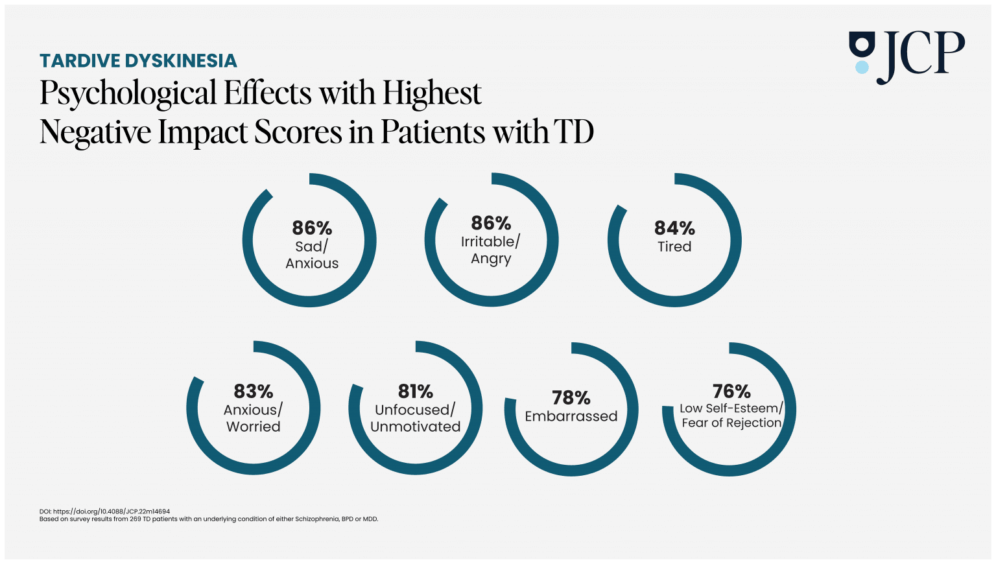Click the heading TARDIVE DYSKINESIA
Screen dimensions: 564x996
[x=138, y=61]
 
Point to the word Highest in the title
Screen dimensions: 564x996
[x=432, y=93]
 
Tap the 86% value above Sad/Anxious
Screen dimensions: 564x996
[x=312, y=228]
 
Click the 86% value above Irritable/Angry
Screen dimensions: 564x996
[x=491, y=224]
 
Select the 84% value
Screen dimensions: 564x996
[x=674, y=228]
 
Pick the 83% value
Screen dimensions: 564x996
[x=254, y=392]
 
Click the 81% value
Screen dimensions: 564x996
[x=416, y=392]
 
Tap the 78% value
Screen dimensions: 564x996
[x=571, y=397]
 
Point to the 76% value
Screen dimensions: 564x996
[x=731, y=392]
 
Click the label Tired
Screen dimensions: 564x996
[x=674, y=247]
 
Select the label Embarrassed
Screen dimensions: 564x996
[x=571, y=416]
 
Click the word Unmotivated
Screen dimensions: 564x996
[x=416, y=427]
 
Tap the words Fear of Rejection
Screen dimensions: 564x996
[x=731, y=423]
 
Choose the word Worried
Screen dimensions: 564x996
[x=254, y=427]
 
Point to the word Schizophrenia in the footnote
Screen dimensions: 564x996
[x=317, y=519]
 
